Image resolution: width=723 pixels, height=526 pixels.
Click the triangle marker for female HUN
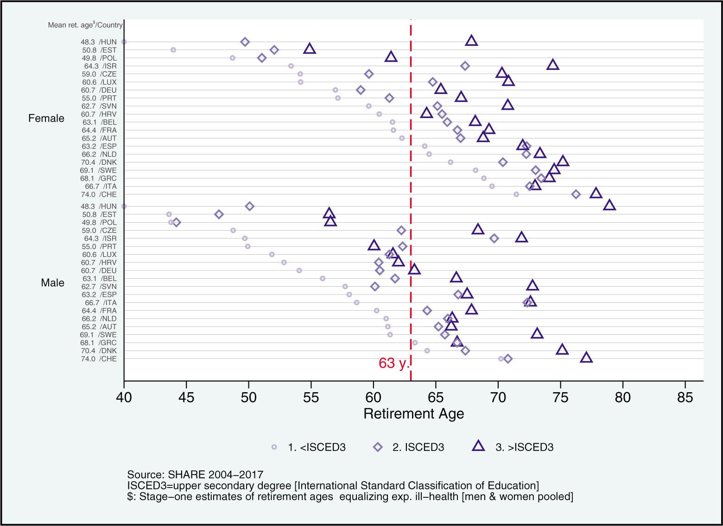471,41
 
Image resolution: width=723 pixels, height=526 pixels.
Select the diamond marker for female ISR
465,66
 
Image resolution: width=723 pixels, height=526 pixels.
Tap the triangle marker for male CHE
586,357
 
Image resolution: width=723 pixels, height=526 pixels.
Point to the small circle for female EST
173,50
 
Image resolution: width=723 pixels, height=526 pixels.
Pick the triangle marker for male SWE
537,333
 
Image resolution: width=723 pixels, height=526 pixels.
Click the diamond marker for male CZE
401,230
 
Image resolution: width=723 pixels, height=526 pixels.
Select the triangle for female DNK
563,161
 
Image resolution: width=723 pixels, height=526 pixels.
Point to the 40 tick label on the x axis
124,397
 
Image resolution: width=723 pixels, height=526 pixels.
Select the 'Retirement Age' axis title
413,413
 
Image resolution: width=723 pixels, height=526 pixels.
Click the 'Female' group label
46,119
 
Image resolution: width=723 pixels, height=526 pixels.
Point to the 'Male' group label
52,282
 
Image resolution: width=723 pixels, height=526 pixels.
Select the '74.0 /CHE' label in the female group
98,194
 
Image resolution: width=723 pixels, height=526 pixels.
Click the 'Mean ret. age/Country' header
85,25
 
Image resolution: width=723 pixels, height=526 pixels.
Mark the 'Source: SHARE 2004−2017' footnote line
195,475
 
